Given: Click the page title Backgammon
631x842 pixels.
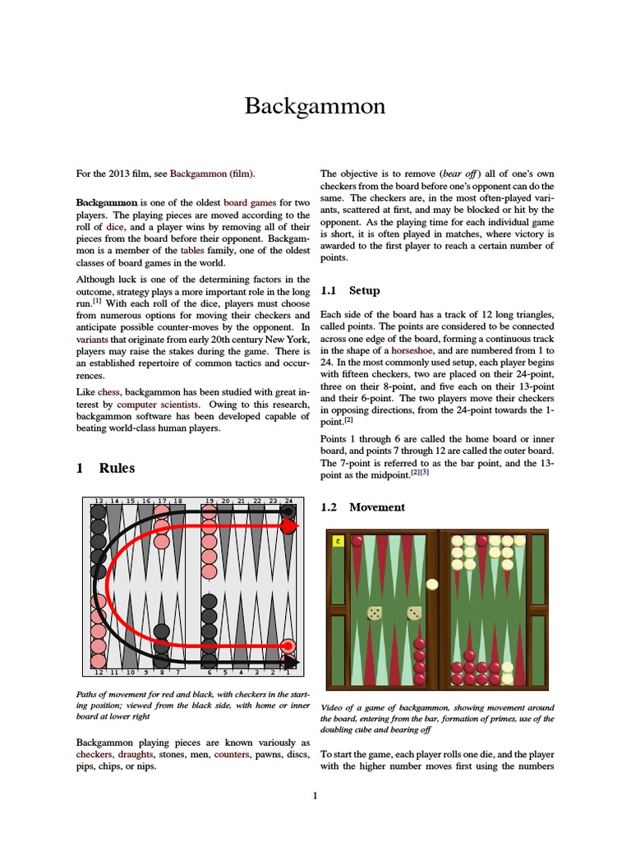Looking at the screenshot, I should (315, 106).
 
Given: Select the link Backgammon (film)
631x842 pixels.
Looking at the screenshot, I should (212, 173).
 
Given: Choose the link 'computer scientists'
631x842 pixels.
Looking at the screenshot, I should (157, 405).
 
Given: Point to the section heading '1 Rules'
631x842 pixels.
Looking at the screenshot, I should (105, 468).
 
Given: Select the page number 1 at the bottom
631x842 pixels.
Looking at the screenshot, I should (315, 795).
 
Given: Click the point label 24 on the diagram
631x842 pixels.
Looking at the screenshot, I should (288, 501).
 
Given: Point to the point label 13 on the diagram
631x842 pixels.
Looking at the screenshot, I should (99, 501).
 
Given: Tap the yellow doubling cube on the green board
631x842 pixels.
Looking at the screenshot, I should (337, 541).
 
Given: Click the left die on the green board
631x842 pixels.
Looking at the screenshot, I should (375, 613).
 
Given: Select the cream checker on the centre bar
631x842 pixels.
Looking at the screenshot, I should (432, 585).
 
